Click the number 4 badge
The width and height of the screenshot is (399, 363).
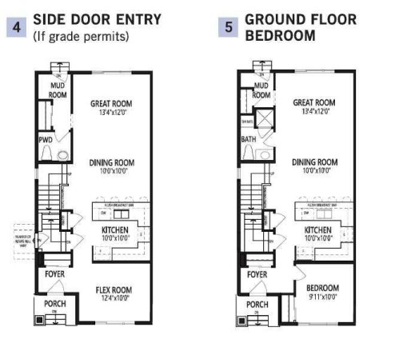pos(16,27)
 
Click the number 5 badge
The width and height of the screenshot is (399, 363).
pos(229,27)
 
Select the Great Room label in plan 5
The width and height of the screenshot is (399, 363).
pos(313,102)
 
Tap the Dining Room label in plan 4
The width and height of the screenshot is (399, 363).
pos(110,163)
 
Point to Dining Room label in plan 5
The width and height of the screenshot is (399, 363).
pos(313,162)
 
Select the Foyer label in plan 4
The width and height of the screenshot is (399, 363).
pos(54,274)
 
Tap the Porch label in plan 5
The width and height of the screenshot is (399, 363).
pos(257,305)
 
